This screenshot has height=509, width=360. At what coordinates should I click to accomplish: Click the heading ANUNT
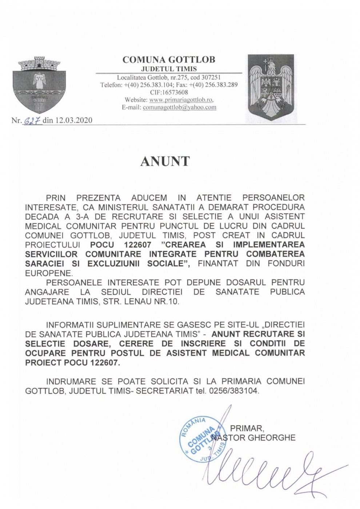coord(165,161)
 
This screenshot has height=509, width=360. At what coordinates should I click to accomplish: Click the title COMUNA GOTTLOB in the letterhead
coord(169,60)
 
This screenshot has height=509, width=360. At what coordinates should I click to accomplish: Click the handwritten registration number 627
coord(33,120)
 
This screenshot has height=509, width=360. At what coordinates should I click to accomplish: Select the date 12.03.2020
coord(74,120)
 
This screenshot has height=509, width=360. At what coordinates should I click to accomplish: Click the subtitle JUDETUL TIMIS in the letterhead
coord(169,69)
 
